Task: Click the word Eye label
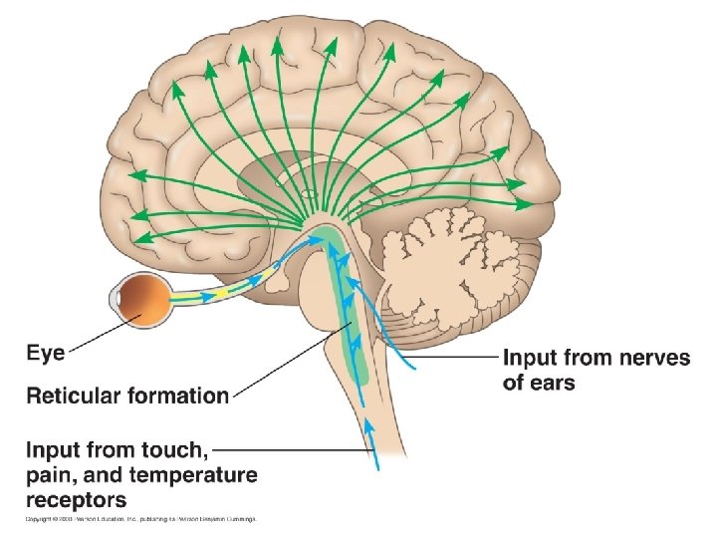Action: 46,353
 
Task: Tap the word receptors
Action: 77,499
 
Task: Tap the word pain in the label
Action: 50,474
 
